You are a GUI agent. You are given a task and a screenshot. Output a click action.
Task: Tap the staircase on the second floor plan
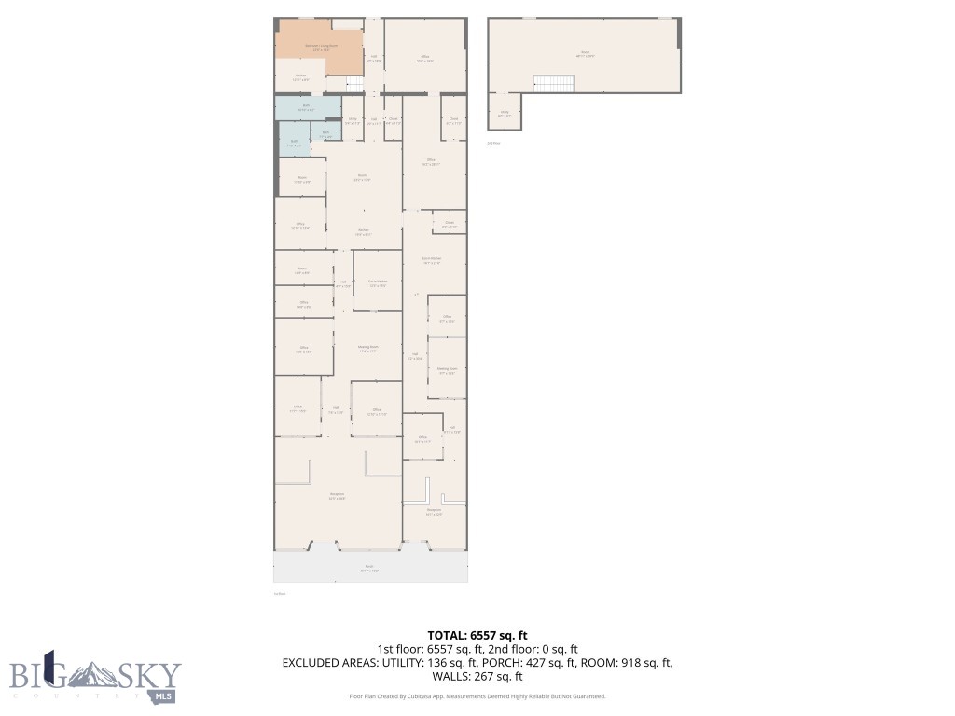point(554,83)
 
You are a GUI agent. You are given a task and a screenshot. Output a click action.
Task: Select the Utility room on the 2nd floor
point(504,115)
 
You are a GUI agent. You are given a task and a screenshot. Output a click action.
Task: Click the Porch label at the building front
point(370,569)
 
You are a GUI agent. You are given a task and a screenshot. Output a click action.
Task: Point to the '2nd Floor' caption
point(494,143)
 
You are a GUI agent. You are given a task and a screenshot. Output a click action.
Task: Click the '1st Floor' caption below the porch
point(280,593)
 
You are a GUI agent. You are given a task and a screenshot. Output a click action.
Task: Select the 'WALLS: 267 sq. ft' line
point(477,677)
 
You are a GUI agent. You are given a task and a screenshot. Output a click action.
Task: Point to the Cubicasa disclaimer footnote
point(477,696)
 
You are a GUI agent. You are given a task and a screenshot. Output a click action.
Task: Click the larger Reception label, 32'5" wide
point(337,496)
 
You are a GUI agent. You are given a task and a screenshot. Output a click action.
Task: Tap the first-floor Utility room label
point(353,121)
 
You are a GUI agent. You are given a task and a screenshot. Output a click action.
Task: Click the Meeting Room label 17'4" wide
point(367,349)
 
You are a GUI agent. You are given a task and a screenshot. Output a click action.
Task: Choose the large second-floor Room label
point(585,54)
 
